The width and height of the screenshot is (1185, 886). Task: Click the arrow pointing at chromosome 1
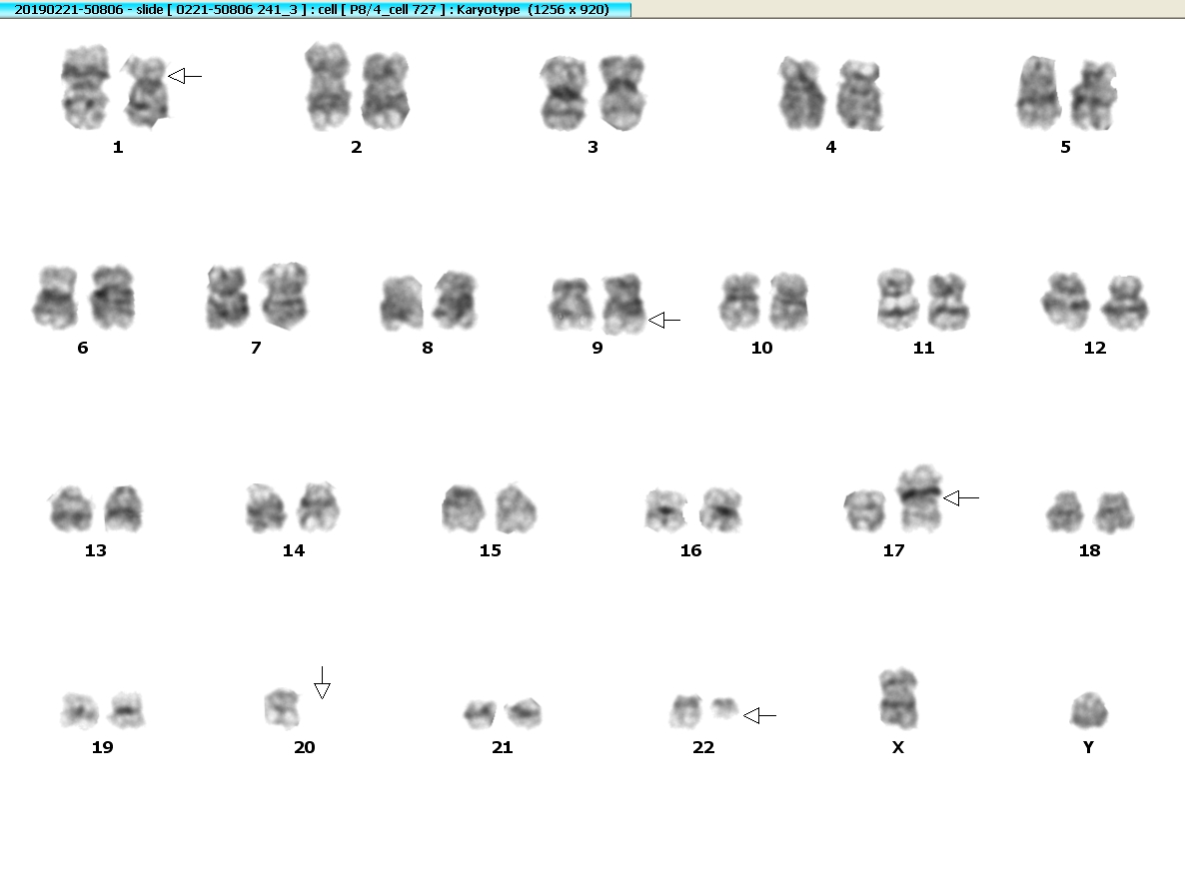pos(185,76)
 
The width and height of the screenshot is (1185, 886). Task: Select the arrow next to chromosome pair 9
pos(664,321)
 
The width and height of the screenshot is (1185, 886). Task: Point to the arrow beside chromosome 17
pos(961,497)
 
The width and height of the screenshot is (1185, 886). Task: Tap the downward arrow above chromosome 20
pos(322,683)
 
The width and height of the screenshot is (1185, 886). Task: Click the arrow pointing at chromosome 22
pos(759,715)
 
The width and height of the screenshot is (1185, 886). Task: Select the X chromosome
pos(898,698)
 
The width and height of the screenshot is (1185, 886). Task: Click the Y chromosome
pos(1089,710)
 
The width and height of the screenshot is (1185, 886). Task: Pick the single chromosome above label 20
pos(282,708)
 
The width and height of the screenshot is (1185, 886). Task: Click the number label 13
pos(95,550)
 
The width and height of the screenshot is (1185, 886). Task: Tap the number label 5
pos(1065,147)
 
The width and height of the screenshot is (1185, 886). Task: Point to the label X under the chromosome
pos(898,747)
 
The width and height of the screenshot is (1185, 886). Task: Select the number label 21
pos(502,747)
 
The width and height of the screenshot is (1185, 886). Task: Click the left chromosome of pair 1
pos(85,87)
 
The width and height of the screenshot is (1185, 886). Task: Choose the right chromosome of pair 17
pos(920,498)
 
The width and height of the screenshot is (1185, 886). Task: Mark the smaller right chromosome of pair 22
pos(724,709)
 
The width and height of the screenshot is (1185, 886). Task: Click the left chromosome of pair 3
pos(564,93)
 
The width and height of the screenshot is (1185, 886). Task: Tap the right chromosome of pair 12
pos(1124,303)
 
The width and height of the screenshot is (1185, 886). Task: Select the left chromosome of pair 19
pos(80,711)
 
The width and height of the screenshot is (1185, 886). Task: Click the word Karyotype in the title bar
pos(489,9)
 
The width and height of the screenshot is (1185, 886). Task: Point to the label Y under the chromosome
pos(1088,747)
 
